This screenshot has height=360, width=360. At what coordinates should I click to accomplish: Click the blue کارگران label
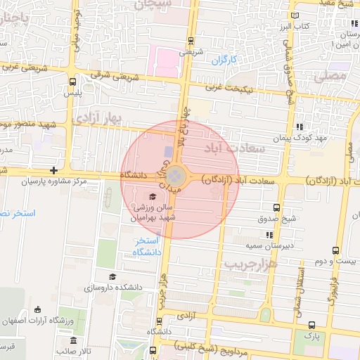[226, 60]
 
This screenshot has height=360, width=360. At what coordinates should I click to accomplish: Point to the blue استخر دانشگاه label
[147, 246]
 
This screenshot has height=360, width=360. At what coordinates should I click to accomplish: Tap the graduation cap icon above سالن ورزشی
[153, 196]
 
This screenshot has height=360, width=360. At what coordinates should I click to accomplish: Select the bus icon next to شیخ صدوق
[276, 207]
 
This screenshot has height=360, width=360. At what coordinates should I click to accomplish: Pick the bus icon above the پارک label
[311, 324]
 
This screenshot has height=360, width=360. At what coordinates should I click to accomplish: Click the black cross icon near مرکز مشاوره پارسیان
[54, 170]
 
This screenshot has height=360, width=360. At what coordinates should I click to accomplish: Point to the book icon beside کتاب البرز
[294, 15]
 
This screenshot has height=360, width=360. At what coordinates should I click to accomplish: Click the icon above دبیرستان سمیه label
[268, 234]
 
